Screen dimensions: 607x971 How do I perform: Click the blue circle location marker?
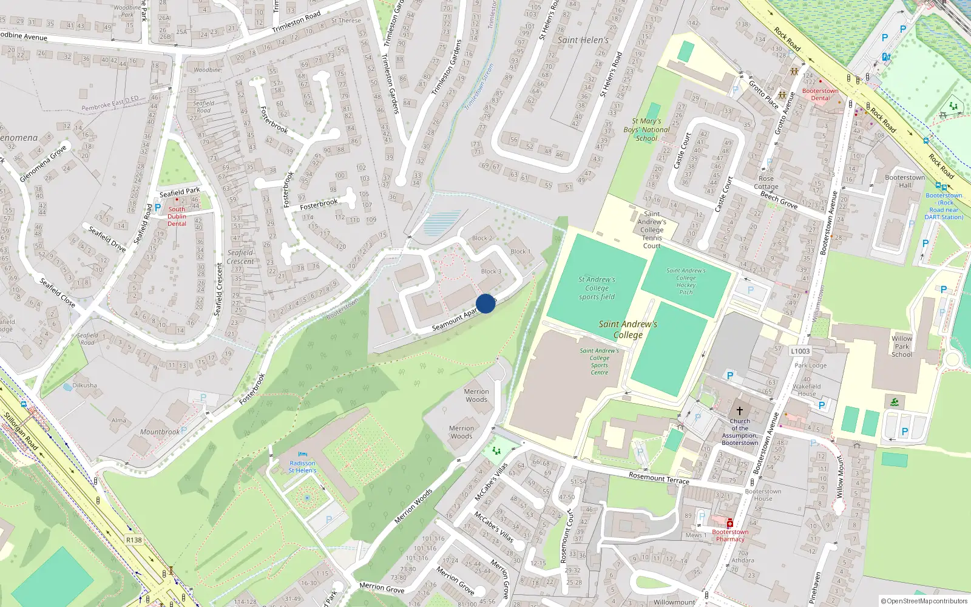486,303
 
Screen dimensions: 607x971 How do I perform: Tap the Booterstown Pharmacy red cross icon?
730,523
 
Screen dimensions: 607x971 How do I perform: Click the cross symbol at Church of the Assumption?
740,411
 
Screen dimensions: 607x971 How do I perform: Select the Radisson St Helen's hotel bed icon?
303,454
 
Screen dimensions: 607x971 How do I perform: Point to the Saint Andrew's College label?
628,329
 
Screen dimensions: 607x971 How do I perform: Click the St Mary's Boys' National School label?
646,129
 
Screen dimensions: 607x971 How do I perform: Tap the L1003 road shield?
800,351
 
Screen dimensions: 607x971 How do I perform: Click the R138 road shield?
134,540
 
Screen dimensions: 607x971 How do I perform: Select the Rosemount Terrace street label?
658,478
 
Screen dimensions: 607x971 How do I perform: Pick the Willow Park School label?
902,347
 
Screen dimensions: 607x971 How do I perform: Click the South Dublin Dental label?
177,216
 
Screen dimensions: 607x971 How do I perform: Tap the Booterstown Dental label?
820,94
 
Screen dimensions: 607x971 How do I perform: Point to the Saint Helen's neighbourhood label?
583,40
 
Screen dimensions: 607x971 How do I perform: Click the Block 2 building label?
482,238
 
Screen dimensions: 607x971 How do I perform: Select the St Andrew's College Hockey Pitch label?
686,281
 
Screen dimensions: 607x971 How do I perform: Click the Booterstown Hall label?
905,181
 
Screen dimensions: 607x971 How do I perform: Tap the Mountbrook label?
160,432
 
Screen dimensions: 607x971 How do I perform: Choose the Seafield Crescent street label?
219,290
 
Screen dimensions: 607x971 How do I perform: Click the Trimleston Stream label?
479,87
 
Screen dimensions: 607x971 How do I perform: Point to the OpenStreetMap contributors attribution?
924,601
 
